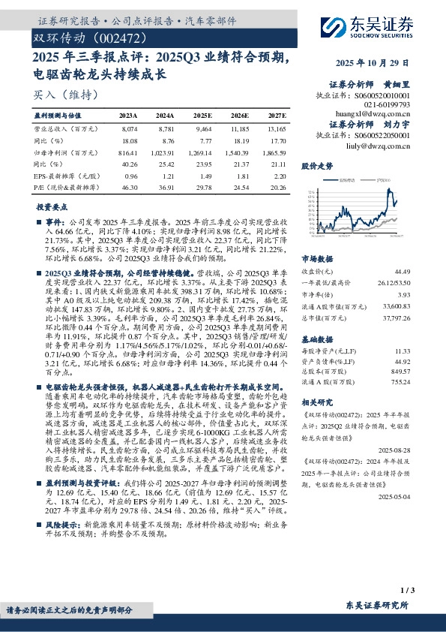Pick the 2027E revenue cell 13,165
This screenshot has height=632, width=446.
pyautogui.click(x=277, y=129)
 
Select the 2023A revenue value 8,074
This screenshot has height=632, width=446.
pyautogui.click(x=129, y=129)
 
